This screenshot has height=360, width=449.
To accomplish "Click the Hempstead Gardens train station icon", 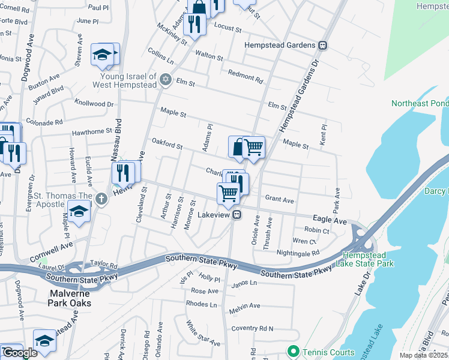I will point(323,45).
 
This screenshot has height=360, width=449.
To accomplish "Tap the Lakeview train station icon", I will point(238,214).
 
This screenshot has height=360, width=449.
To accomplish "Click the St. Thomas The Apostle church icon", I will point(101,199).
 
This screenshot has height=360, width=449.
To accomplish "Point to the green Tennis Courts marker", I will point(293,350).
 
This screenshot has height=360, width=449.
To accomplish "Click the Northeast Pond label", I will point(419,103).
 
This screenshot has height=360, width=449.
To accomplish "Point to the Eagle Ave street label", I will point(330,221).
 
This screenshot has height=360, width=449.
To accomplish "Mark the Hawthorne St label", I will point(92,130).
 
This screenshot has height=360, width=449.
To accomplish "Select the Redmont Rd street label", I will point(246,76).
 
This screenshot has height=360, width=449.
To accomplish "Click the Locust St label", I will point(228,28).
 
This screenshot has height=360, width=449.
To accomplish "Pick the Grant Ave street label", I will point(279,199).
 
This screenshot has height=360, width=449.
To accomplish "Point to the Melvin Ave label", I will point(244,306).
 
